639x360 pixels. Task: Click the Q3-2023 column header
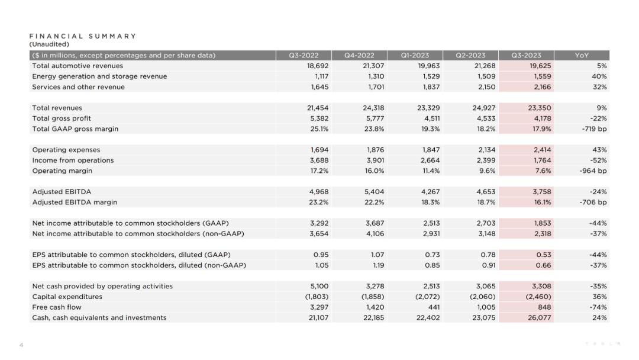tap(526, 56)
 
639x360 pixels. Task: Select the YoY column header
tap(582, 56)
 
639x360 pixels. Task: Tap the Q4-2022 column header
tap(359, 56)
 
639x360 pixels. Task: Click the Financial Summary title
tap(83, 36)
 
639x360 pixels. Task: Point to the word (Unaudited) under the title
tap(49, 44)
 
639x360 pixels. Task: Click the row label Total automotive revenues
tap(78, 66)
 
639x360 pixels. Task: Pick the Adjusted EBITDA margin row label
tap(75, 202)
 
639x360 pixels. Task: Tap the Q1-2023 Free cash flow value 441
tap(433, 307)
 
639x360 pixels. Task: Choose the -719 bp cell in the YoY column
tap(594, 129)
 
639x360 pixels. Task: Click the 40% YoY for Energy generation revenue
tap(599, 76)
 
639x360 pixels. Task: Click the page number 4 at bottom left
tap(21, 345)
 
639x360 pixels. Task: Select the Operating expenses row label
tap(66, 150)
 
